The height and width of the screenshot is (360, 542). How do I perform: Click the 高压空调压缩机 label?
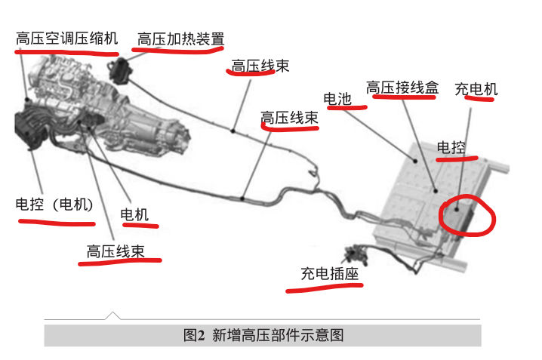coord(66,37)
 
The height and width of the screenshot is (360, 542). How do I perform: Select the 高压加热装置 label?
coord(180,38)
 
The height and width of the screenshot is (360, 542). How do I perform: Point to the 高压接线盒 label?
coord(402,88)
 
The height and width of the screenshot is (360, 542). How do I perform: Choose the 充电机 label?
coord(476,89)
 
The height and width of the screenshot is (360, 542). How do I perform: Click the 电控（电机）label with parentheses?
coord(54,205)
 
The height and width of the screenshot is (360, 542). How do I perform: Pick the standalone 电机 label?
coord(135,214)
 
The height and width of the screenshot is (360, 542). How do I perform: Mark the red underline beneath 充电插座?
coord(325,286)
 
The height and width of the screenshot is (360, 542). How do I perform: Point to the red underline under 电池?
coord(346,108)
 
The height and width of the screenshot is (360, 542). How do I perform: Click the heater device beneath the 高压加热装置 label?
coord(121,70)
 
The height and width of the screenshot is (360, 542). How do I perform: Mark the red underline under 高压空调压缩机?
coord(66,53)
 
